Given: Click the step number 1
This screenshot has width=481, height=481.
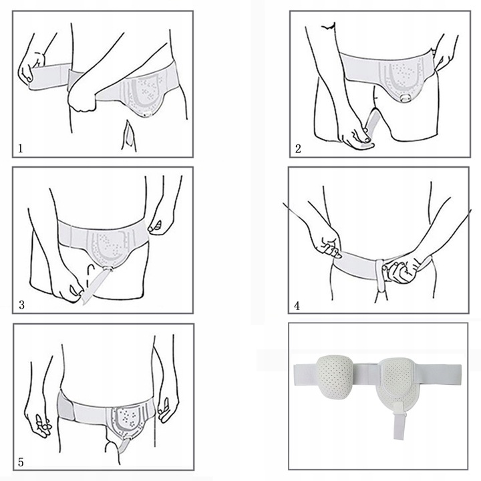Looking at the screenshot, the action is [20, 149].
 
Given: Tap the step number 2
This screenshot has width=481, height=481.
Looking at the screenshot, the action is [298, 149].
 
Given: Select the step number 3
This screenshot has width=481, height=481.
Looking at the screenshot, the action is [21, 305].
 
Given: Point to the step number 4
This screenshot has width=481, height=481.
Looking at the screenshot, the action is [297, 305].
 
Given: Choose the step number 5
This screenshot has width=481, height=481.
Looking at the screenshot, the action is [21, 462].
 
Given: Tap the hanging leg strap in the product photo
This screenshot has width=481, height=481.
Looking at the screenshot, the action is [398, 421].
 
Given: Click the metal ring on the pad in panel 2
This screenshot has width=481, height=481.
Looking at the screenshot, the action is [407, 98].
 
